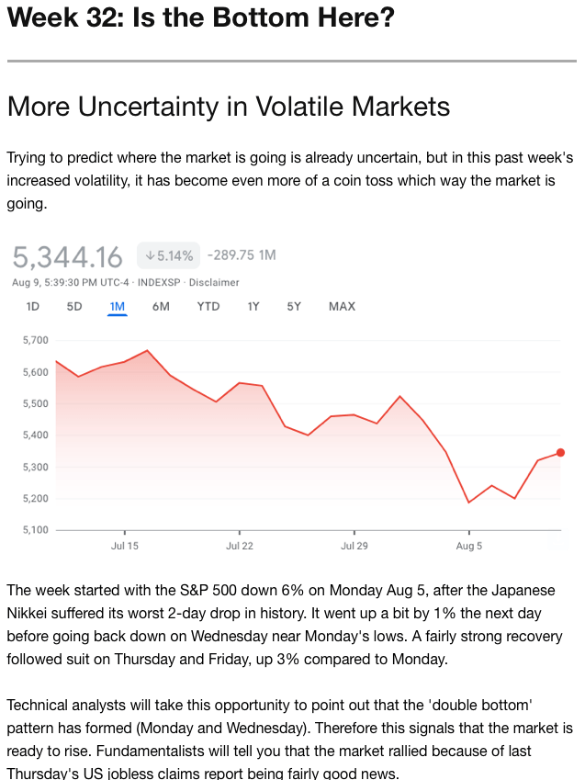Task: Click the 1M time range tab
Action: pos(117,306)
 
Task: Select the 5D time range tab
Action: pos(74,306)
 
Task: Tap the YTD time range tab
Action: pos(208,306)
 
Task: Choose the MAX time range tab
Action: pos(342,306)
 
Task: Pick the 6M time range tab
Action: pos(161,306)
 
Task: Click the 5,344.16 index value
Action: pos(68,256)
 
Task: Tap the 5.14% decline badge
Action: pos(168,255)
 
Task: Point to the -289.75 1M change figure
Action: pos(242,254)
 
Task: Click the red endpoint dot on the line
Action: pos(560,452)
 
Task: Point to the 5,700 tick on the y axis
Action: pos(34,340)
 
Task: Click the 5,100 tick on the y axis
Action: pos(34,530)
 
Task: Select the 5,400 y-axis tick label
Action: pos(34,435)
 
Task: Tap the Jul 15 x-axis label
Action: pos(124,546)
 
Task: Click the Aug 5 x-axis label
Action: pos(468,546)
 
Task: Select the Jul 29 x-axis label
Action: pos(354,546)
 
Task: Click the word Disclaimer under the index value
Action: pos(214,282)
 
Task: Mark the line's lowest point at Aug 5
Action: pos(468,503)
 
